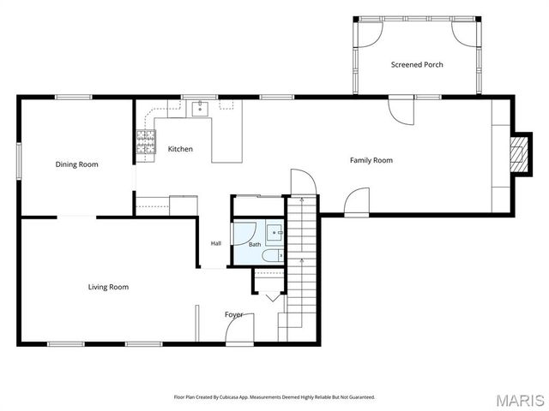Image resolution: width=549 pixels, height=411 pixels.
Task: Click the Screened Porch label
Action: coord(417,65)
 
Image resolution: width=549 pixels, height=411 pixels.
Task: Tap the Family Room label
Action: coord(371,160)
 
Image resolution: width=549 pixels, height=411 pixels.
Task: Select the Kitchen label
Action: coord(180,149)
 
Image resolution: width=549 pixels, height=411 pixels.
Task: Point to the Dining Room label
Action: coord(76,164)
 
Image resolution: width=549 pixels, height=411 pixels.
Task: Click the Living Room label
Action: coord(108,287)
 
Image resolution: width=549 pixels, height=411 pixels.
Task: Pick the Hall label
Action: coord(216,243)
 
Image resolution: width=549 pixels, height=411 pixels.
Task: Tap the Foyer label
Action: coord(233,315)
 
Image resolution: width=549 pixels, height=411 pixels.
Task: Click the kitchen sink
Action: coord(200,108)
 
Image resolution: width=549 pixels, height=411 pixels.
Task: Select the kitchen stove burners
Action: coord(146,141)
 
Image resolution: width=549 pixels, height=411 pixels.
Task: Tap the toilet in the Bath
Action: coord(273,255)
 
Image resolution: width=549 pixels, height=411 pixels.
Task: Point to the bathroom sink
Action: coord(274,232)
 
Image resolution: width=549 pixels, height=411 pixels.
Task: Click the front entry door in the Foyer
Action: coord(239,330)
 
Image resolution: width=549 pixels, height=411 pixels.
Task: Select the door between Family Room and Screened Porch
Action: coord(401,110)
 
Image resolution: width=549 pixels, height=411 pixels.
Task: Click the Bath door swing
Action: coord(244,234)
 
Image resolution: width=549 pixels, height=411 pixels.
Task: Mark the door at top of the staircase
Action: coord(304,182)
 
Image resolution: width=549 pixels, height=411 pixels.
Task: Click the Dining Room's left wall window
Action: coord(19,161)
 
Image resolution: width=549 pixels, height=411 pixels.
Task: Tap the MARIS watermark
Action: coord(520,401)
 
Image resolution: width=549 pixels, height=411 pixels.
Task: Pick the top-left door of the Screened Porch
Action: coord(370,34)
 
